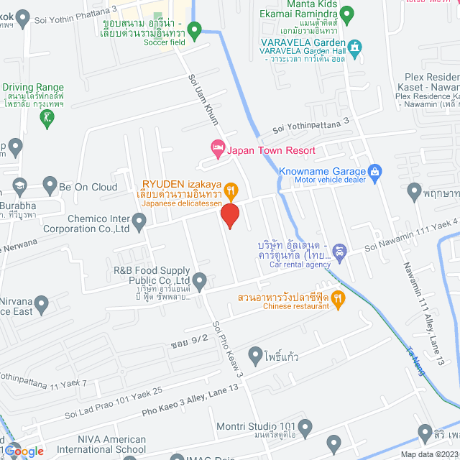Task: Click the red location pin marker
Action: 229,216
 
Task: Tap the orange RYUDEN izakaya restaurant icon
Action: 231,190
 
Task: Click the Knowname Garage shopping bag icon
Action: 374,172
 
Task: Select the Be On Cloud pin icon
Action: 50,186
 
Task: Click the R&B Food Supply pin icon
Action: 200,280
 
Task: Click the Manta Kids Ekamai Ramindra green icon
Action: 346,13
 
